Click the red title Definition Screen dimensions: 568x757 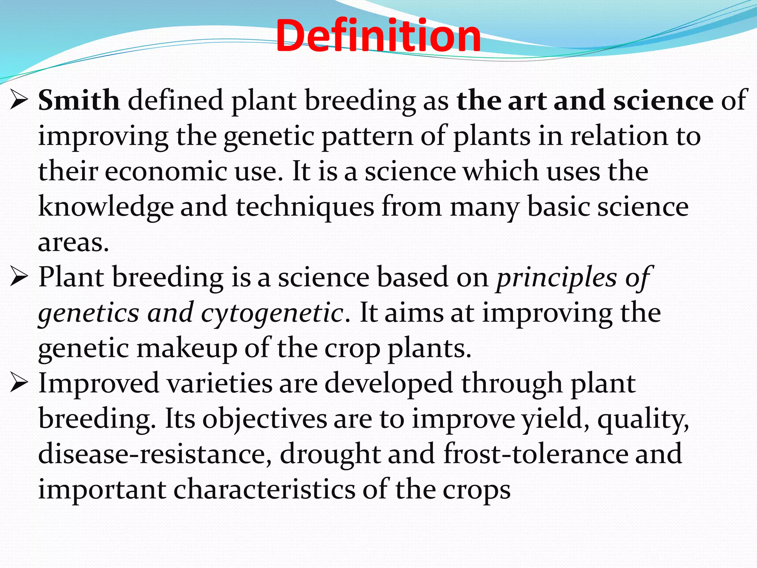[x=378, y=36]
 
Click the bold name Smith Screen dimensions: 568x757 [x=79, y=101]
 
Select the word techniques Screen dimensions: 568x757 [x=305, y=207]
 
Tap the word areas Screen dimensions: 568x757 [x=73, y=243]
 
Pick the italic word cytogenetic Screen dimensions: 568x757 [x=272, y=313]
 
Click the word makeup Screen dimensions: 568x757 [x=187, y=349]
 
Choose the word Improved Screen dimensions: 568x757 [x=99, y=383]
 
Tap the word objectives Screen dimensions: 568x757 [x=264, y=419]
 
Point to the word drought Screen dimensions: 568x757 [x=330, y=454]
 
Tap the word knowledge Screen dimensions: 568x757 [x=106, y=207]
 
